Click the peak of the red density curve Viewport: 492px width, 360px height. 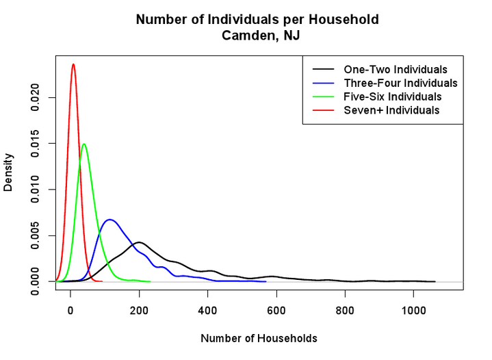pyautogui.click(x=73, y=64)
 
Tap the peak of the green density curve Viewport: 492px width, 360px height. pyautogui.click(x=83, y=144)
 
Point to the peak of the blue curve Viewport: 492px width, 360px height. pyautogui.click(x=109, y=220)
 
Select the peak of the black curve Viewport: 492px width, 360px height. pyautogui.click(x=139, y=242)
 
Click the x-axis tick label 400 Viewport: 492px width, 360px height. pyautogui.click(x=208, y=311)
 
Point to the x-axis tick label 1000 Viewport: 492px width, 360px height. pyautogui.click(x=413, y=311)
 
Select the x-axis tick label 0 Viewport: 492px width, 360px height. pyautogui.click(x=70, y=311)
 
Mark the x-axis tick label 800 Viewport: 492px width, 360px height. pyautogui.click(x=345, y=311)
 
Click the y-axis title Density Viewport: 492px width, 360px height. pyautogui.click(x=8, y=172)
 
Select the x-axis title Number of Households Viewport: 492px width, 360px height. pyautogui.click(x=259, y=338)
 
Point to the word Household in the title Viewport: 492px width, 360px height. pyautogui.click(x=344, y=19)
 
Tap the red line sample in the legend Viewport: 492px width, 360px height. pyautogui.click(x=323, y=110)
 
